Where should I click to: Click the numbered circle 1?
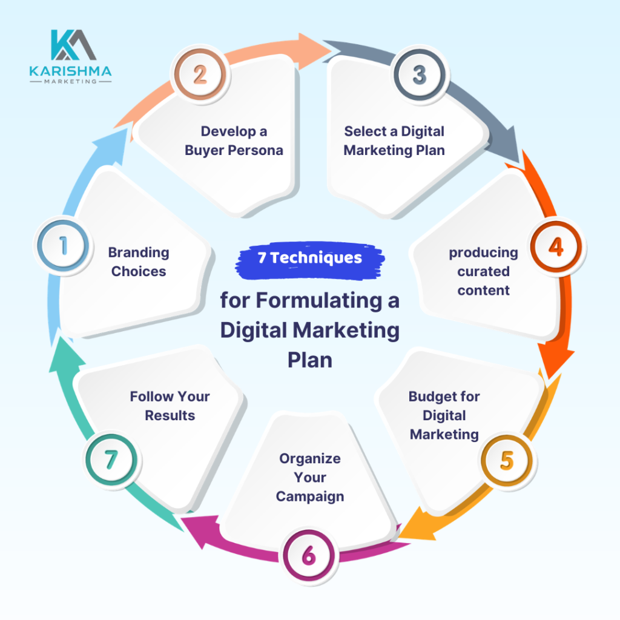(x=63, y=246)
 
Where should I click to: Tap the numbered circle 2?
(x=200, y=74)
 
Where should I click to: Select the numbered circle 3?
(x=420, y=74)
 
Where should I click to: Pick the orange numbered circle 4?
(x=556, y=247)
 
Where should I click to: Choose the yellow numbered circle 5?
(x=507, y=461)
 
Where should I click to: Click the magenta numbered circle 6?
(x=309, y=556)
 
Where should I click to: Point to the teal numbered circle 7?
(x=111, y=460)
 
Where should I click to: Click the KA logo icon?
(x=73, y=45)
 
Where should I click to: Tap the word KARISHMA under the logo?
(x=70, y=71)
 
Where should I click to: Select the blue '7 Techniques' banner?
(x=310, y=260)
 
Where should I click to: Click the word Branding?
(x=139, y=253)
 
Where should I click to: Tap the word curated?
(x=484, y=271)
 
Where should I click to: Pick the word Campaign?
(x=310, y=496)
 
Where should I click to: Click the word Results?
(x=170, y=415)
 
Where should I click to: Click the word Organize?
(x=310, y=459)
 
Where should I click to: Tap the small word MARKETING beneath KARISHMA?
(x=70, y=82)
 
